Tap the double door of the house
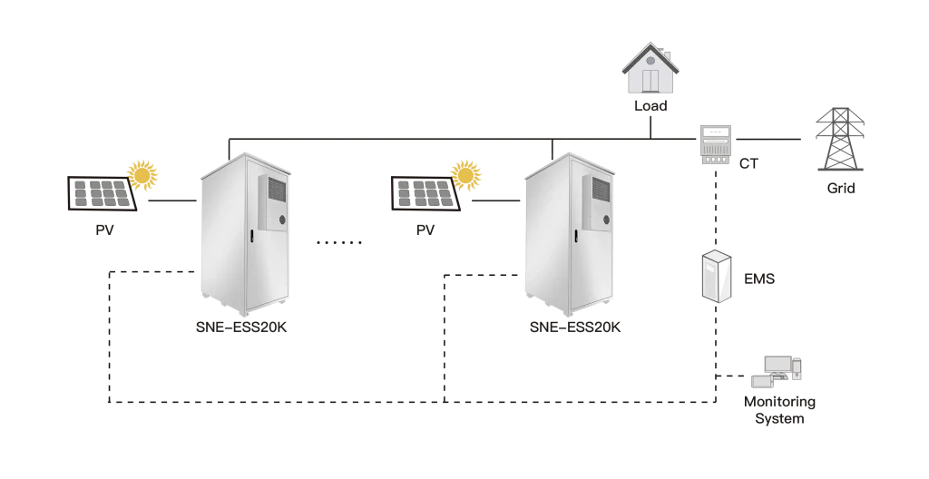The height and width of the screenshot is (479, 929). (x=650, y=80)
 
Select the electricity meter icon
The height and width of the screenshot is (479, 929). (x=714, y=145)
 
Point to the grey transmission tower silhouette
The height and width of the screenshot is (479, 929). (x=840, y=138)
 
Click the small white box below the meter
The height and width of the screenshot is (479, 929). (x=715, y=277)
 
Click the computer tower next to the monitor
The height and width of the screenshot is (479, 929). (x=797, y=368)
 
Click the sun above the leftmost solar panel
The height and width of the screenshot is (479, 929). (x=142, y=173)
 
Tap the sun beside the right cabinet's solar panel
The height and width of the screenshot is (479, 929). (x=466, y=173)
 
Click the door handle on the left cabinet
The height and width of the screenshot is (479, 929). (x=249, y=238)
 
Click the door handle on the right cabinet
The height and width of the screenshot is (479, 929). (x=575, y=238)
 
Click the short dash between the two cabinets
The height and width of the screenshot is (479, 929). (x=337, y=243)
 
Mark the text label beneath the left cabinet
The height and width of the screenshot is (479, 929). (x=243, y=326)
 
